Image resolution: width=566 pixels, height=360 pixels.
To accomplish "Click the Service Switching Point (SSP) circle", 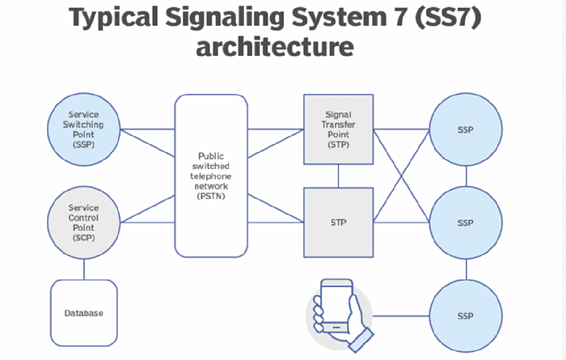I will tap(84, 129).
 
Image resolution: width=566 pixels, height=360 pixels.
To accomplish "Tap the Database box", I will tap(84, 311).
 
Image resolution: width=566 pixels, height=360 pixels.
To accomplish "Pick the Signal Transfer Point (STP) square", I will tap(339, 129).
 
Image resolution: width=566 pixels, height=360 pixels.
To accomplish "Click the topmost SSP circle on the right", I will tap(465, 129).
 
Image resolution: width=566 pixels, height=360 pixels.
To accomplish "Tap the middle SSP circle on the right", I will tap(465, 222).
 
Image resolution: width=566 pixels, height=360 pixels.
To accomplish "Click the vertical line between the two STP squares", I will tap(339, 175).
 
